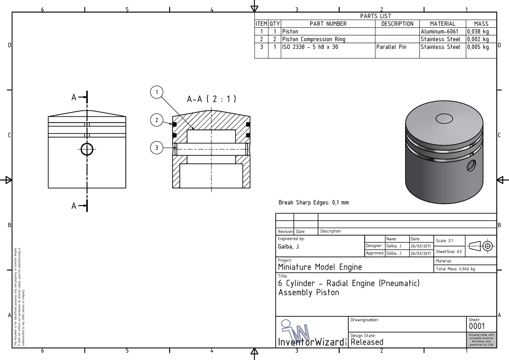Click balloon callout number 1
[x=157, y=92]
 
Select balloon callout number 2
[x=157, y=120]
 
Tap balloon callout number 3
[x=157, y=148]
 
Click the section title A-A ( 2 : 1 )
[x=211, y=99]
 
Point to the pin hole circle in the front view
[x=87, y=149]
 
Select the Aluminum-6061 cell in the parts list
[x=439, y=31]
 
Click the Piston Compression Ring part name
[x=313, y=39]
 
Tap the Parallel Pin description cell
[x=391, y=47]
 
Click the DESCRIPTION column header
[x=397, y=24]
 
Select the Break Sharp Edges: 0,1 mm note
[x=313, y=202]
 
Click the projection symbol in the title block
[x=481, y=246]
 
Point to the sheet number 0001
[x=476, y=326]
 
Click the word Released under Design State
[x=367, y=342]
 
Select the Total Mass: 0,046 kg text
[x=455, y=269]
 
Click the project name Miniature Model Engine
[x=320, y=267]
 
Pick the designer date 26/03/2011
[x=420, y=246]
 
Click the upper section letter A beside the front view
[x=74, y=98]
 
